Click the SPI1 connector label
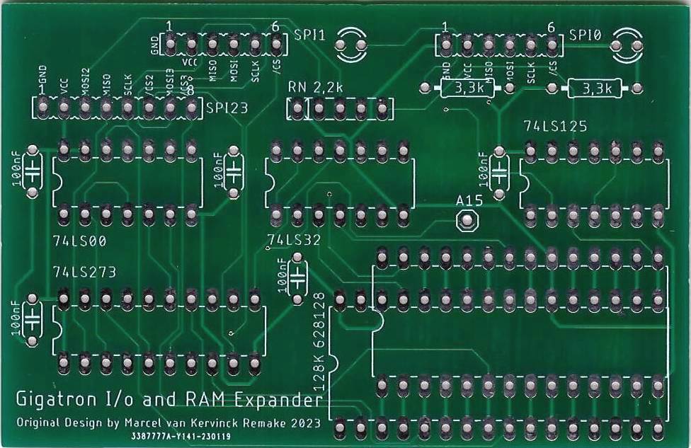click(x=309, y=35)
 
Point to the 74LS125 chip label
click(x=555, y=127)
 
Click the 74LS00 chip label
click(x=79, y=241)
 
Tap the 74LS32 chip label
click(x=295, y=240)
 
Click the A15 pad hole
click(x=467, y=222)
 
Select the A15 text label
click(x=469, y=201)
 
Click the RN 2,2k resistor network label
click(x=316, y=87)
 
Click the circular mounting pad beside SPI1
click(x=351, y=45)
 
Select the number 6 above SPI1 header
click(x=275, y=26)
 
